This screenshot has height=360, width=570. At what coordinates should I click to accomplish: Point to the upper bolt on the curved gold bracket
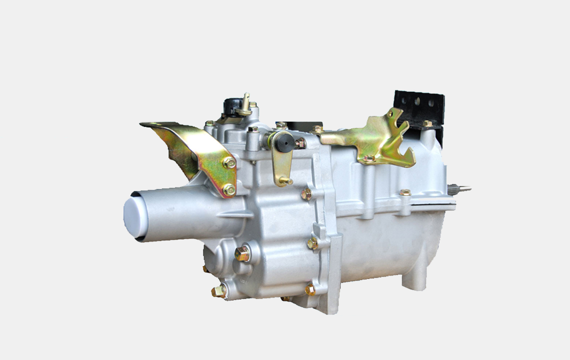[x=228, y=162]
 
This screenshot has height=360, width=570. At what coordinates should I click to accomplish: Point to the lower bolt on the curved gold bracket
[x=229, y=189]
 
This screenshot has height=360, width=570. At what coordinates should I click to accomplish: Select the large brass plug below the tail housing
[x=242, y=253]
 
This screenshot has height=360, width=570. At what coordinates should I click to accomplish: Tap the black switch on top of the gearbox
[x=232, y=106]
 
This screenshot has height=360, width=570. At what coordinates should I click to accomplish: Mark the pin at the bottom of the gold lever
[x=286, y=181]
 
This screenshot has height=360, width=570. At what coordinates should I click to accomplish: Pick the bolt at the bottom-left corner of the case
[x=219, y=291]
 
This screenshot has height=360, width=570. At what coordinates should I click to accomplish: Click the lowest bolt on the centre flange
[x=310, y=289]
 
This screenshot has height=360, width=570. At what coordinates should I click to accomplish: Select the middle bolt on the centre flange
[x=312, y=243]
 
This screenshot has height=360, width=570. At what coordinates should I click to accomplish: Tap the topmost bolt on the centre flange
[x=306, y=194]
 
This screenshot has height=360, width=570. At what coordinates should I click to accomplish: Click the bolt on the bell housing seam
[x=404, y=192]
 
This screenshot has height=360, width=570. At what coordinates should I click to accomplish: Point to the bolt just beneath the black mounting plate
[x=427, y=123]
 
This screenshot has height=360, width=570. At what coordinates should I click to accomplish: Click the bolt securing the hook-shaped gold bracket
[x=368, y=159]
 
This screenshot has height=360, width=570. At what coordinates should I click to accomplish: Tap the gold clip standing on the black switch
[x=245, y=103]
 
